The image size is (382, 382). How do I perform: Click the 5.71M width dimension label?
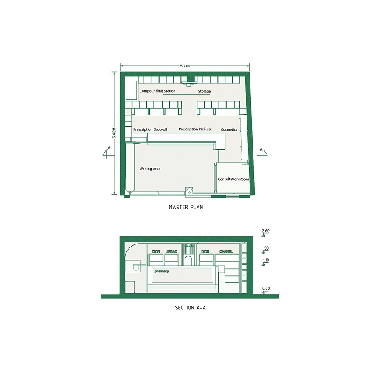185,66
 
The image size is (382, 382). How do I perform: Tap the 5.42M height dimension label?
114,133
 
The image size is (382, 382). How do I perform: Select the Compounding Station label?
157,91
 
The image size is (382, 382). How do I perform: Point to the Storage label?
204,91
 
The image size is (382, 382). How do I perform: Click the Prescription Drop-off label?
150,129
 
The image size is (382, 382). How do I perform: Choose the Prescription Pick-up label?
195,129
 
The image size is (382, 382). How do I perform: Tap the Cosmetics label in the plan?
229,129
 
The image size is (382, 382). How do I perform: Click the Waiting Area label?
150,169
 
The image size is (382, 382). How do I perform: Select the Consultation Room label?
233,179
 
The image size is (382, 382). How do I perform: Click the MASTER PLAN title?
186,207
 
